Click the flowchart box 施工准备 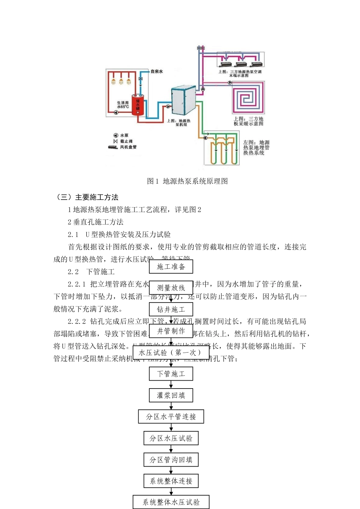171,267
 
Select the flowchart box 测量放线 171,288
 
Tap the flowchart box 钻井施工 171,309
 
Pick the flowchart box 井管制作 171,331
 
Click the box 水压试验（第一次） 171,353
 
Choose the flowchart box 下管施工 171,374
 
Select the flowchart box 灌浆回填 171,395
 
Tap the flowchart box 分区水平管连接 171,417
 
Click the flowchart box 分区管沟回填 171,460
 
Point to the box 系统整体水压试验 171,502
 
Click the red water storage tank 138,105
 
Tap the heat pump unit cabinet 183,100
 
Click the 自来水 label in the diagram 157,71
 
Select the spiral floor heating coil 248,97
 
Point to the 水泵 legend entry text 124,135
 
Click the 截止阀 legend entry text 126,141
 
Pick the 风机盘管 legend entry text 128,147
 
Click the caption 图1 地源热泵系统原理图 187,181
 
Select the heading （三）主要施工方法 87,197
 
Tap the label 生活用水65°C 123,105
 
